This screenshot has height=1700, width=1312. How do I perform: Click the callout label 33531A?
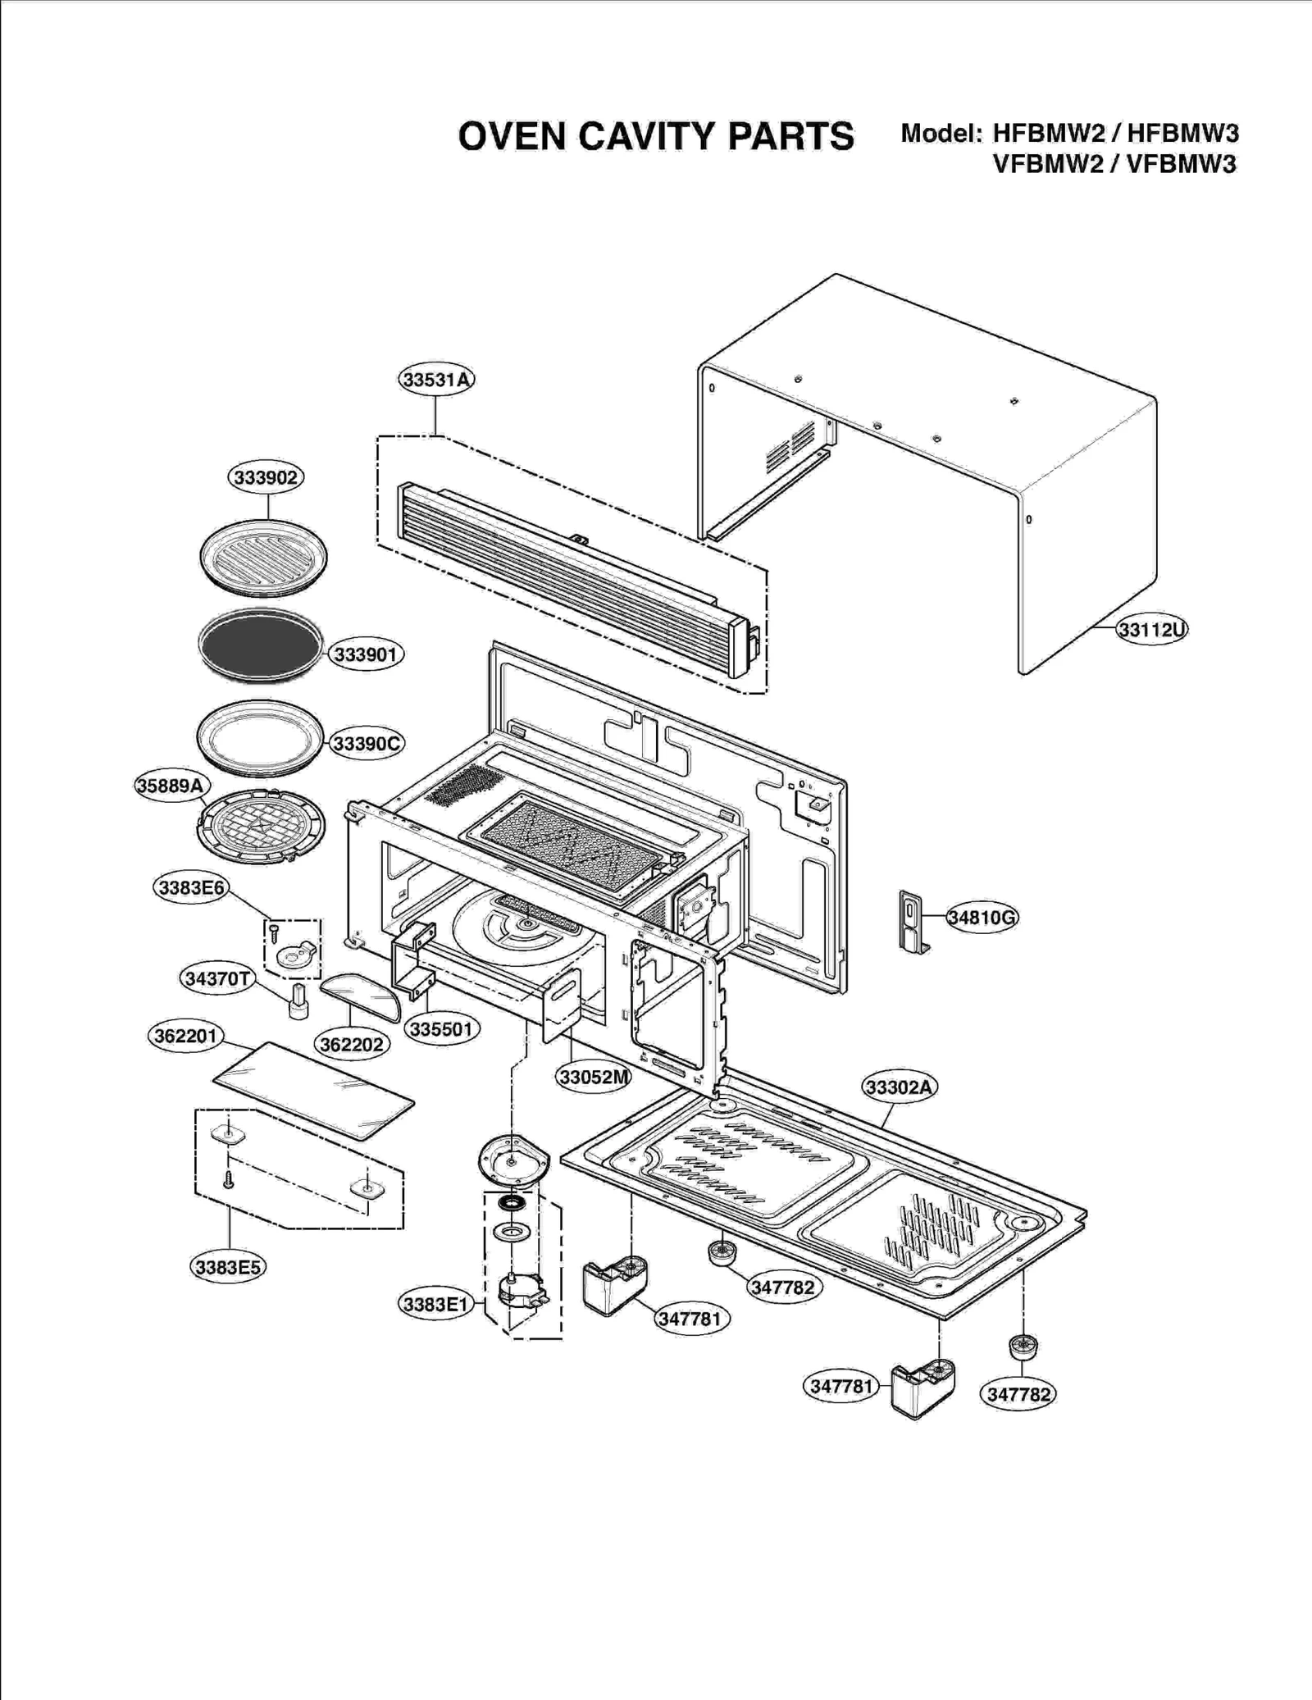[x=437, y=380]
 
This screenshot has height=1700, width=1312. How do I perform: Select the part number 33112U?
[x=1152, y=630]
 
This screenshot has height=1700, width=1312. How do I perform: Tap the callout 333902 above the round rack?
[x=266, y=477]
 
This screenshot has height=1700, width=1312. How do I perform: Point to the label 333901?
[x=366, y=654]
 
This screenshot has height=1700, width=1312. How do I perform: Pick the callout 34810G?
[x=982, y=917]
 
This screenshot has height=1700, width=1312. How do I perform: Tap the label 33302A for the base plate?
[x=900, y=1087]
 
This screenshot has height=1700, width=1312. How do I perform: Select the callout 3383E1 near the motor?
[x=435, y=1304]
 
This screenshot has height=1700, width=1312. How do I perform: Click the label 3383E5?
[x=229, y=1267]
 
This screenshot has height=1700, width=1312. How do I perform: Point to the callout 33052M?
[x=594, y=1077]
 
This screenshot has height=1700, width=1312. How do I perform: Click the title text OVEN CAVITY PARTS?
[x=656, y=136]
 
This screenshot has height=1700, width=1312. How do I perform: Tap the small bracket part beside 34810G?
[x=913, y=923]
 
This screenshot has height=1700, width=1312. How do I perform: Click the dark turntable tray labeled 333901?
[x=261, y=646]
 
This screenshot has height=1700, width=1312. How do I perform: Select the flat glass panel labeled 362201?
[x=314, y=1090]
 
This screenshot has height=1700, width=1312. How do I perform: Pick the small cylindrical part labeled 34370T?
[x=298, y=1001]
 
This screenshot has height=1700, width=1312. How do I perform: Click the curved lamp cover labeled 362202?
[x=362, y=993]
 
